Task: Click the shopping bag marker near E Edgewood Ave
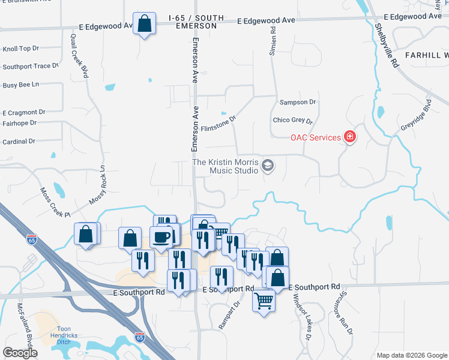pyautogui.click(x=144, y=24)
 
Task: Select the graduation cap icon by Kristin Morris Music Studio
pyautogui.click(x=268, y=166)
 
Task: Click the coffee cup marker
pyautogui.click(x=161, y=236)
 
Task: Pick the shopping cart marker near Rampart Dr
pyautogui.click(x=264, y=301)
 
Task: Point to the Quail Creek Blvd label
pyautogui.click(x=79, y=56)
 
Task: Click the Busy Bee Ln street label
pyautogui.click(x=20, y=85)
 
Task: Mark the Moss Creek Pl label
pyautogui.click(x=55, y=202)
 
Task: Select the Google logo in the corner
pyautogui.click(x=20, y=353)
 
